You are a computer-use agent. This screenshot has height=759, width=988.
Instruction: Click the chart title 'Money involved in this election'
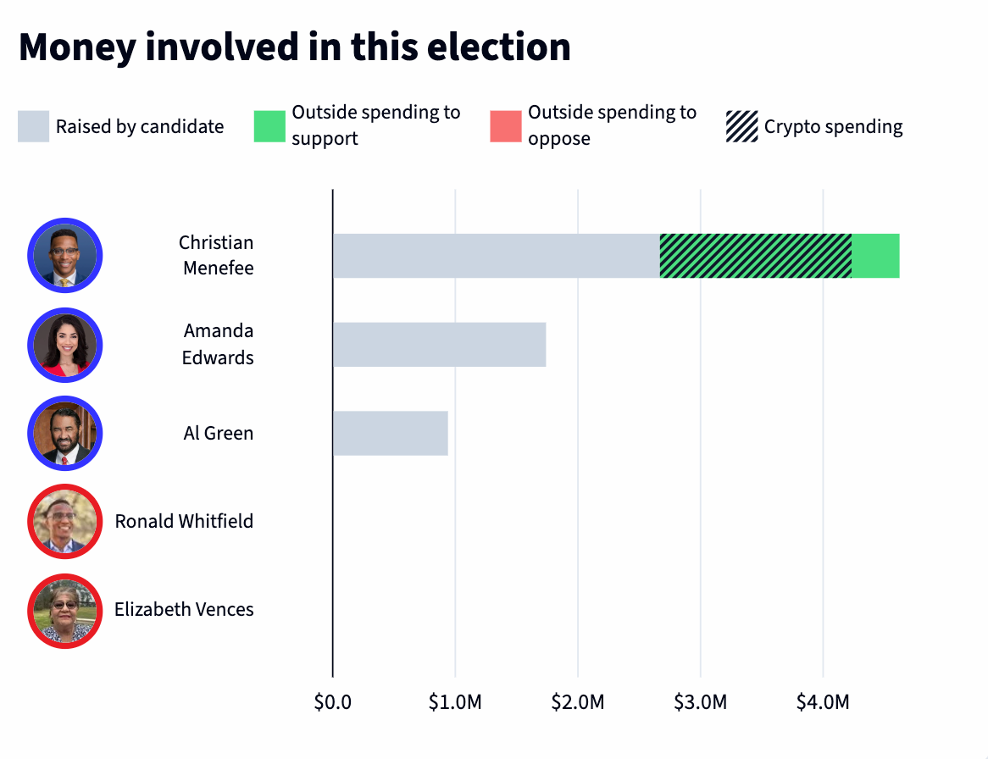(295, 47)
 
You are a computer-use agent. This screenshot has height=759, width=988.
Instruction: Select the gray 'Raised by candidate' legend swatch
(34, 126)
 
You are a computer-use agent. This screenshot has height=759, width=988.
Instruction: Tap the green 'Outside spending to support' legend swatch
(269, 126)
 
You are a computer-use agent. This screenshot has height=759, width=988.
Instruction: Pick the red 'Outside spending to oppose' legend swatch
(506, 126)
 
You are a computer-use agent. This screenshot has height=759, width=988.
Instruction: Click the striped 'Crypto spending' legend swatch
(742, 126)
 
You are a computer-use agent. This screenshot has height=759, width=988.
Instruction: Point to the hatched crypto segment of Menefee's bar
(755, 256)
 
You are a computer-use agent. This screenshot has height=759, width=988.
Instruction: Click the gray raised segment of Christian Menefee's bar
(496, 256)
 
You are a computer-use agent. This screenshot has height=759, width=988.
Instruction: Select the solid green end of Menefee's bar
(875, 256)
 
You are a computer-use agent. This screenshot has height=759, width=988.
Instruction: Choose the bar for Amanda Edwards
(439, 344)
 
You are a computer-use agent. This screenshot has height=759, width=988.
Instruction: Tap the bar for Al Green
(390, 433)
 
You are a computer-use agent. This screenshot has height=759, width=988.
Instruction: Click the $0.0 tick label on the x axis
(333, 702)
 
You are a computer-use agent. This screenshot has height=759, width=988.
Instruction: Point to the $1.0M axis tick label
(455, 702)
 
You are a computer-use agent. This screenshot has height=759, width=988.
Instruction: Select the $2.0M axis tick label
(578, 702)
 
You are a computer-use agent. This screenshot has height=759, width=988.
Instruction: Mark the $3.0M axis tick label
(700, 702)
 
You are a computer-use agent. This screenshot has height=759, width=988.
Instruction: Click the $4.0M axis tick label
(823, 702)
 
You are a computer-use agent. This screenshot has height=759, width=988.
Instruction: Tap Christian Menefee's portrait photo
(65, 256)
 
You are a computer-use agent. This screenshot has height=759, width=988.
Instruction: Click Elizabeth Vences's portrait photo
(65, 610)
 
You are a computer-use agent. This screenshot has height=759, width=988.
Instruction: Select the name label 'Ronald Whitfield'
(184, 521)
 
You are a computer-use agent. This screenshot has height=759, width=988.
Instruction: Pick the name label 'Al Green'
(219, 433)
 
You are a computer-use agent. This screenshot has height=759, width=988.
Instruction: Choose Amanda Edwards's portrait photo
(65, 345)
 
